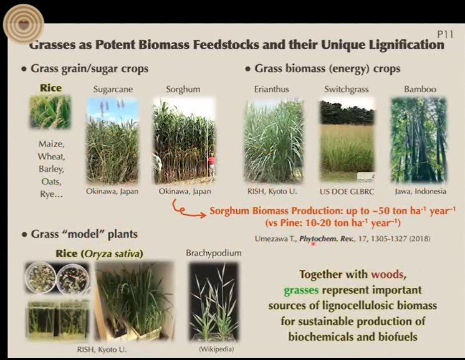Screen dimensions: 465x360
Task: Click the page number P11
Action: tap(445, 34)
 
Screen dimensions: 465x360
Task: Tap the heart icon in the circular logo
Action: tap(24, 24)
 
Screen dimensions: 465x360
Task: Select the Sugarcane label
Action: tap(113, 89)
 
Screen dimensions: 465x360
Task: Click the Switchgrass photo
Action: tap(347, 140)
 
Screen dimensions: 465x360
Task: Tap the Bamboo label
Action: tap(420, 89)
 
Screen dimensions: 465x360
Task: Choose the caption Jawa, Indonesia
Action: tap(421, 191)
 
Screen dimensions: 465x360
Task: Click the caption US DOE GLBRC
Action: tap(347, 192)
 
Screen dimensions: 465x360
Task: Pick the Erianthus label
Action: tap(271, 89)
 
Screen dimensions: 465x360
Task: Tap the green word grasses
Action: tap(301, 290)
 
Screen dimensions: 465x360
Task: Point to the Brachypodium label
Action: tap(214, 253)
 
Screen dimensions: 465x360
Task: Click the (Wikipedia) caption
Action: tap(216, 349)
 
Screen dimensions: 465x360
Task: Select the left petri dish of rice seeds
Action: tap(41, 277)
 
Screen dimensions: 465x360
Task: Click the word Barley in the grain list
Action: tap(51, 169)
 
